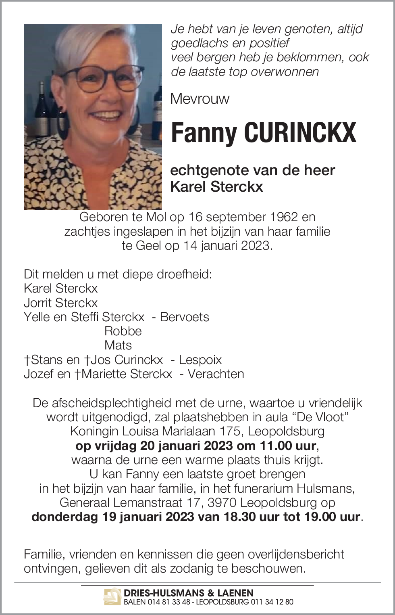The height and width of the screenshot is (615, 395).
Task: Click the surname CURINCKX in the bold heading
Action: [300, 133]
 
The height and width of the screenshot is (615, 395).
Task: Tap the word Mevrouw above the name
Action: [200, 99]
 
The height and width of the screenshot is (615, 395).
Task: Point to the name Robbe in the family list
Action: [123, 331]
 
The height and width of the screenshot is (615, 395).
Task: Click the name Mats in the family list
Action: [118, 345]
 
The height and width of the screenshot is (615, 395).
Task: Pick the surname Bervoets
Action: [185, 317]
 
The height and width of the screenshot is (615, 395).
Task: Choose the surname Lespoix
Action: [200, 360]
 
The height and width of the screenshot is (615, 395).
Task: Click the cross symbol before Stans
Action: [27, 360]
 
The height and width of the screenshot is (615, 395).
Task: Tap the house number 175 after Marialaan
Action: [230, 431]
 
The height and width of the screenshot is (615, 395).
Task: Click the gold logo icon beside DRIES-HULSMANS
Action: [112, 597]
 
